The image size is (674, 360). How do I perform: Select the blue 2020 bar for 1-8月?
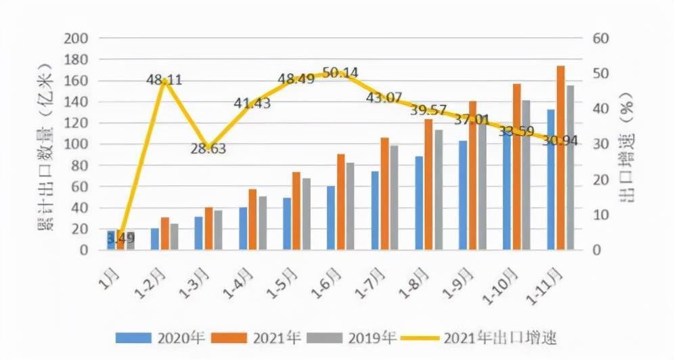pos(419,203)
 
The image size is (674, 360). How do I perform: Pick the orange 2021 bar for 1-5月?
pos(296,211)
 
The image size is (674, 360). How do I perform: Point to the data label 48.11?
pos(164,81)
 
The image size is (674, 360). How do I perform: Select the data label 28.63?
pos(208,149)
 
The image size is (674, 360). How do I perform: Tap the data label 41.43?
pos(252,104)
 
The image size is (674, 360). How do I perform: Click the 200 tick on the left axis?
pos(76,39)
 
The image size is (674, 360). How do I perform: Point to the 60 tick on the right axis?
pos(601,39)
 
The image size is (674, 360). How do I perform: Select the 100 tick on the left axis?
pos(76,144)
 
